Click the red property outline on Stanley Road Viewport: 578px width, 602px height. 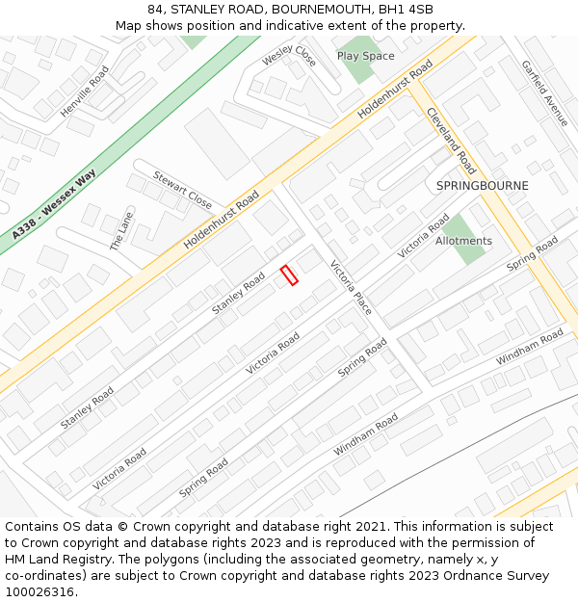point(288,275)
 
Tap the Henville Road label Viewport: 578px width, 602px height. point(85,92)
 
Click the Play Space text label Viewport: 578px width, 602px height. point(365,56)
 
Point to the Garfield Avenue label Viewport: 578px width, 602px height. point(545,93)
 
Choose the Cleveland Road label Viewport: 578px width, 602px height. point(451,141)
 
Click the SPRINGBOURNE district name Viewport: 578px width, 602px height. point(482,185)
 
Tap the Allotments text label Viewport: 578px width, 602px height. point(463,241)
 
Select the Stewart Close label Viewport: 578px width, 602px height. point(182,190)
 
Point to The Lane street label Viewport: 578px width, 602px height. point(121,232)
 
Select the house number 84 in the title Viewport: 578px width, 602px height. point(157,10)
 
